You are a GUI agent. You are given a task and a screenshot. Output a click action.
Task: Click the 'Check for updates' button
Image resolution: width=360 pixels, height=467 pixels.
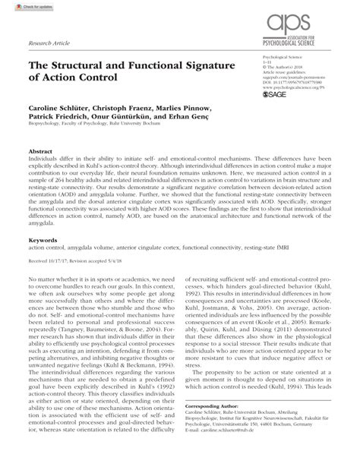click(21, 7)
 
